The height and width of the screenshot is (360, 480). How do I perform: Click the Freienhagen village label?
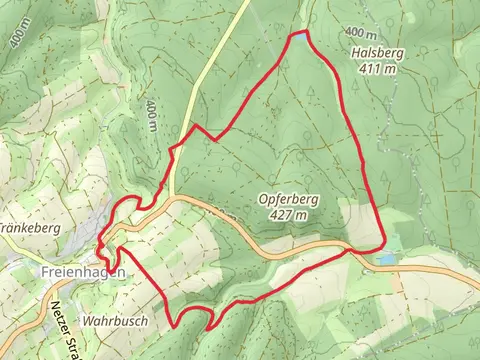coord(83,271)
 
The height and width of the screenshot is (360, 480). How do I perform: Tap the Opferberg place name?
coord(288,199)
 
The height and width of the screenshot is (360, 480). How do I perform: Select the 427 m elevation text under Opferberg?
coord(289,214)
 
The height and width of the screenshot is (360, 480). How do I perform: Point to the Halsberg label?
coord(376,54)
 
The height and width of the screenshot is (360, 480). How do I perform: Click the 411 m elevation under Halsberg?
coord(378,69)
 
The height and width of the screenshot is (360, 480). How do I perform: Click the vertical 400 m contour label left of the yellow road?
coord(150,115)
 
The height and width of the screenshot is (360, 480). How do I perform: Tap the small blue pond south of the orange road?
coord(386,259)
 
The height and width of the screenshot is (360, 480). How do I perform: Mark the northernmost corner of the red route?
coord(304,33)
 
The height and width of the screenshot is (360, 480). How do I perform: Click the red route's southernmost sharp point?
coord(208,327)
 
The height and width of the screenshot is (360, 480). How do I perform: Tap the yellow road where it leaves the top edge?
coord(244,3)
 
